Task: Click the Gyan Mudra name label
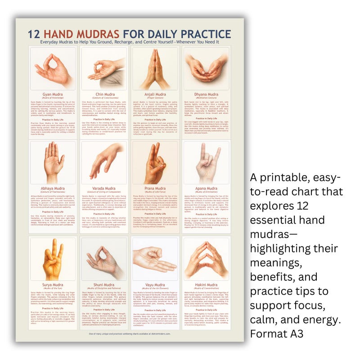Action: (x=52, y=94)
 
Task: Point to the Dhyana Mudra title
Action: (x=205, y=94)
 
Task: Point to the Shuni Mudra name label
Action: (x=103, y=284)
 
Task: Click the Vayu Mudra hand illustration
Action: (x=154, y=259)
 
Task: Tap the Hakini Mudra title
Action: (x=205, y=284)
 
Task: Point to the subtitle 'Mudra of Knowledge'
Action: (x=52, y=99)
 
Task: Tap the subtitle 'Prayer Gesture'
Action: (x=154, y=99)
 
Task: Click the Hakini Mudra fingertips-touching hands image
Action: (x=205, y=259)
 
